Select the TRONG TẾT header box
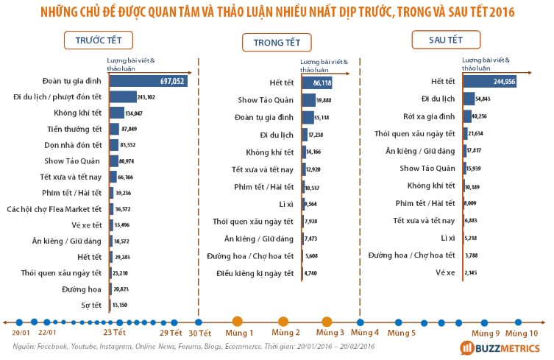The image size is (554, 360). pos(271,43)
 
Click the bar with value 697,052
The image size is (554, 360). pos(148,81)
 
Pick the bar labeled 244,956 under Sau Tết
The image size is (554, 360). pos(489,81)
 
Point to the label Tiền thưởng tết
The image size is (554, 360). pos(77,129)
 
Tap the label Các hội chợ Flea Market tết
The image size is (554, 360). pos(56,209)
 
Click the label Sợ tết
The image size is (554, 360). pos(91,305)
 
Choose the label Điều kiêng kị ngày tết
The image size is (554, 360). pos(255,273)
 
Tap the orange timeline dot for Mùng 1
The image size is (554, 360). pos(237,321)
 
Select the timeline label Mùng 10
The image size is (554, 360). pos(520,333)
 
